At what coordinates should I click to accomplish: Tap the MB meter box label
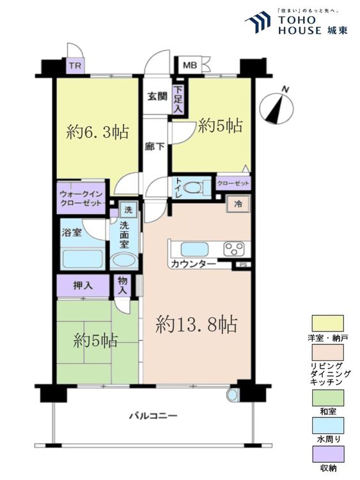(190, 65)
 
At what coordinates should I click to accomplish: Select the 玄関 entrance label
(157, 97)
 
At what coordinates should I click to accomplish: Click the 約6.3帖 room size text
(98, 132)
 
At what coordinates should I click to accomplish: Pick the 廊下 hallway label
(156, 146)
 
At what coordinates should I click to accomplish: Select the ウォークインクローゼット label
(81, 198)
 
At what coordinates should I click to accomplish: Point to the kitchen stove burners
(235, 248)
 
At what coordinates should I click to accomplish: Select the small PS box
(242, 264)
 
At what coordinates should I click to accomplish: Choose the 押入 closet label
(82, 285)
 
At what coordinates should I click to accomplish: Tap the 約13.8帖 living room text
(196, 326)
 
